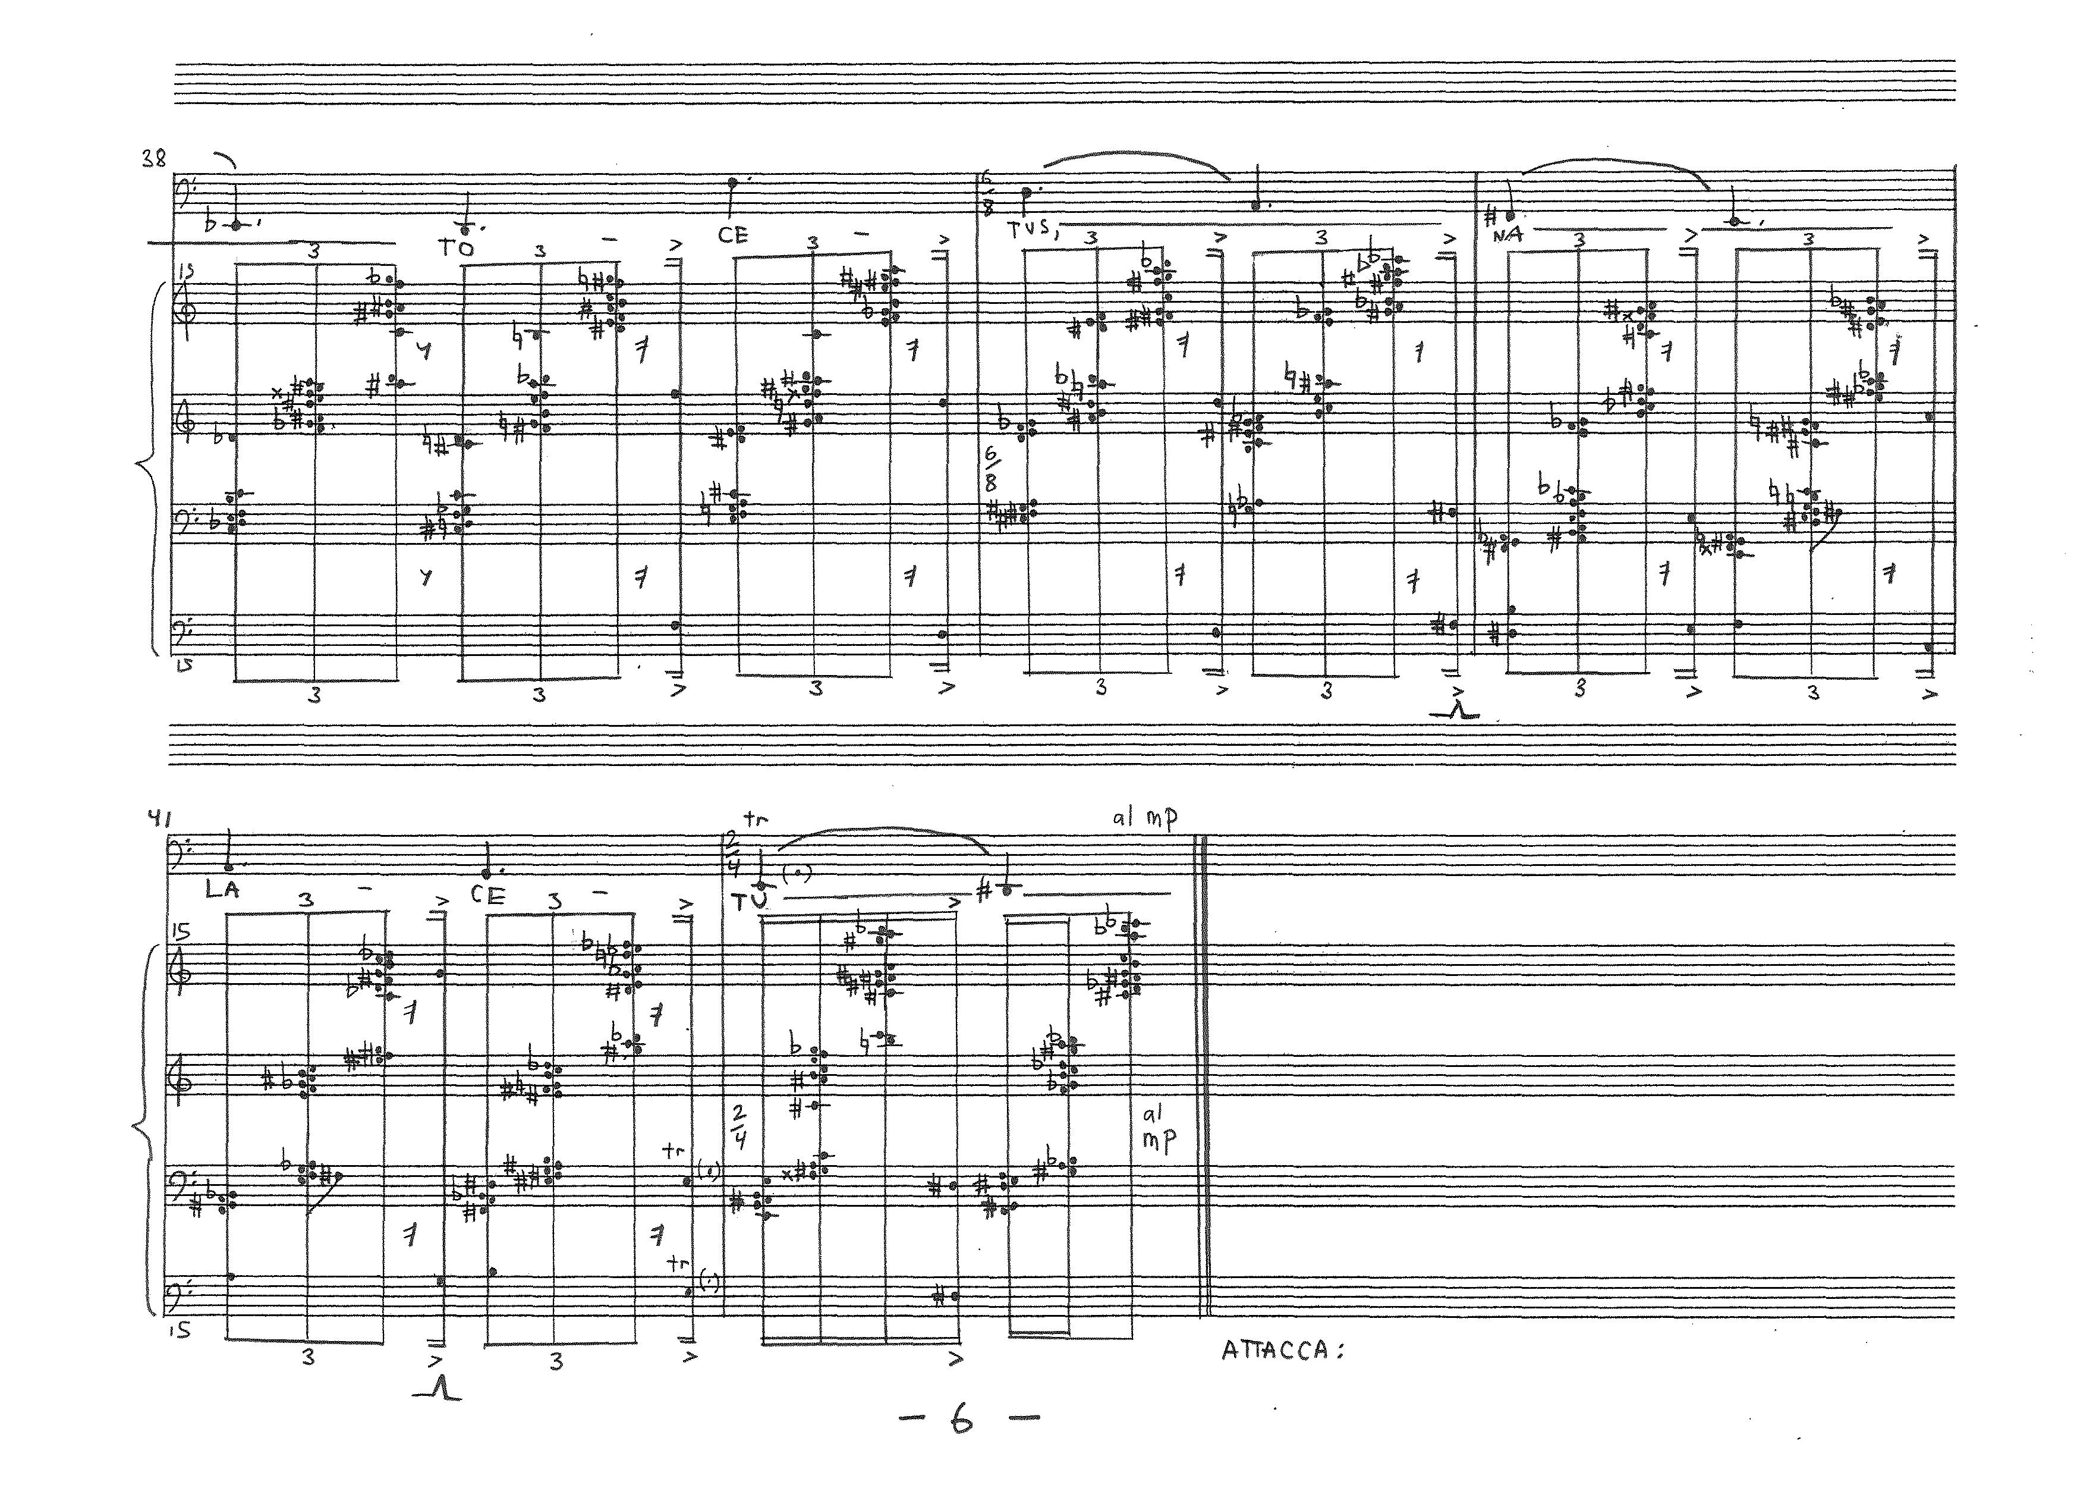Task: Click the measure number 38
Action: coord(153,159)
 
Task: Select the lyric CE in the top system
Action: coord(733,235)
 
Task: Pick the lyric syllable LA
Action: coord(222,889)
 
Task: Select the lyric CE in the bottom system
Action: coord(487,895)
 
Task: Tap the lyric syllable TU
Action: coord(749,902)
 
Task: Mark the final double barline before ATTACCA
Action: coord(1205,1074)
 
